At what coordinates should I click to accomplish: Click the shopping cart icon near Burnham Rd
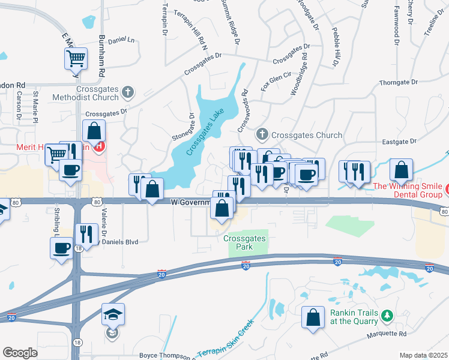pos(76,59)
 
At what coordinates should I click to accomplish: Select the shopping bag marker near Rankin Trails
pos(313,318)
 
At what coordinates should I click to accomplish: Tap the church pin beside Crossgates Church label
pos(262,134)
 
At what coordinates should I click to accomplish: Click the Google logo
pos(20,353)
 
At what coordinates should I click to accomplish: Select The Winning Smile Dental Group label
pos(408,190)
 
